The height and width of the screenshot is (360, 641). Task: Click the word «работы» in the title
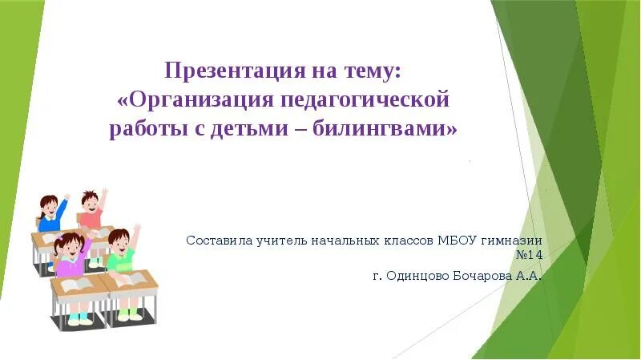pyautogui.click(x=147, y=128)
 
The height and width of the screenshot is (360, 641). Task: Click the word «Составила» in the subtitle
pyautogui.click(x=217, y=240)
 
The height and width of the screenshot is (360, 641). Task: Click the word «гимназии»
pyautogui.click(x=514, y=240)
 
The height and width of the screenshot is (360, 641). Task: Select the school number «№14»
pyautogui.click(x=529, y=256)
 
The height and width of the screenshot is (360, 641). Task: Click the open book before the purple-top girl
pyautogui.click(x=76, y=285)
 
